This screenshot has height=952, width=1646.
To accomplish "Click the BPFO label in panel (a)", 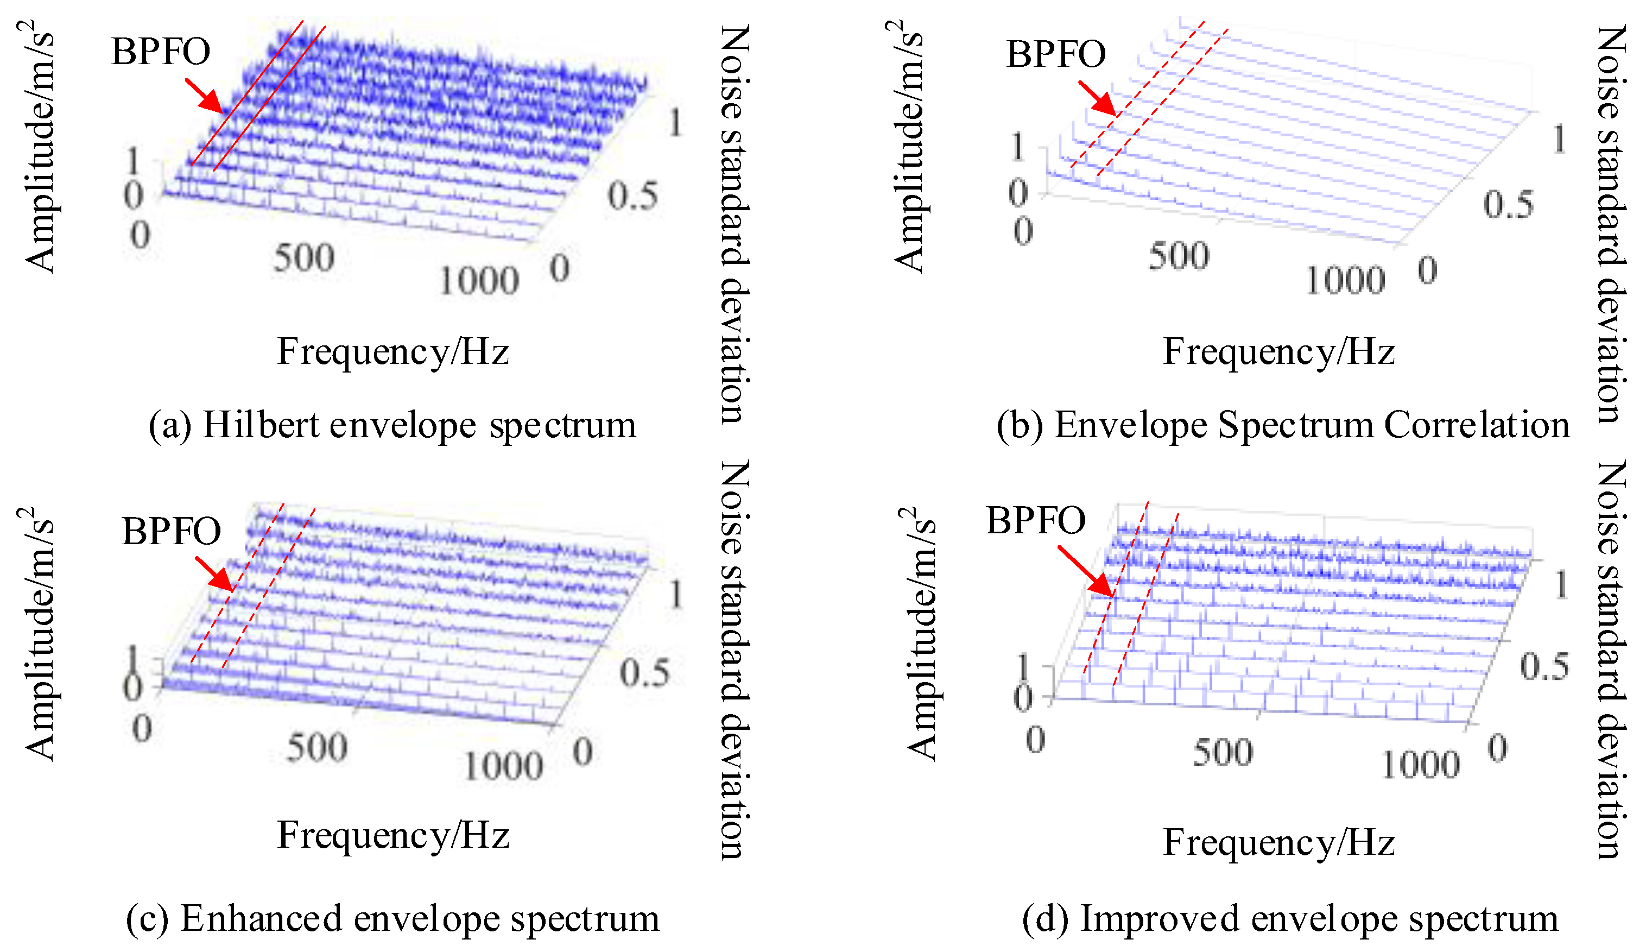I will [161, 52].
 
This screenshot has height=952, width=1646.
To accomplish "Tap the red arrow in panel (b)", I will [1097, 98].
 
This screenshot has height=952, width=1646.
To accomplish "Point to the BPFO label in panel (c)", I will [171, 531].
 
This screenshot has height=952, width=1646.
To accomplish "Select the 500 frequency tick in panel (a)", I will [303, 257].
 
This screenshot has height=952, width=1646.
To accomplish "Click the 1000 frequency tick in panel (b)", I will [1345, 281].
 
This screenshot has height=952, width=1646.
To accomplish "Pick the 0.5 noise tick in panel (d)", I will [1544, 666].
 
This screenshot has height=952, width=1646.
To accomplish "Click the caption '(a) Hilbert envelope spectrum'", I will [392, 425].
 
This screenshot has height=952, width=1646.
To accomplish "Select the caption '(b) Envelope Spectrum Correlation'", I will [1283, 425].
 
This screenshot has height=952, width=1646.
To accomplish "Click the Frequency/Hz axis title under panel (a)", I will [392, 351].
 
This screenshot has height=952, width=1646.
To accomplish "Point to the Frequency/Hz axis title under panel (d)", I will [1279, 842].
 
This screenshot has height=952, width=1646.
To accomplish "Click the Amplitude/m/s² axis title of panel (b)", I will [909, 147].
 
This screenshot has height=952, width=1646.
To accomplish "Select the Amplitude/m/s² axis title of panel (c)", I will [38, 634].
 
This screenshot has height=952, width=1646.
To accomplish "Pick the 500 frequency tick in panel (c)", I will [317, 747].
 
